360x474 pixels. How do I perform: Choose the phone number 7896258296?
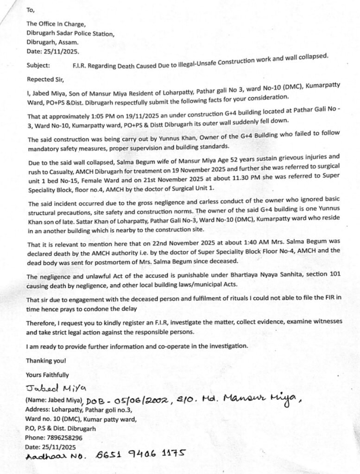tap(65, 437)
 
